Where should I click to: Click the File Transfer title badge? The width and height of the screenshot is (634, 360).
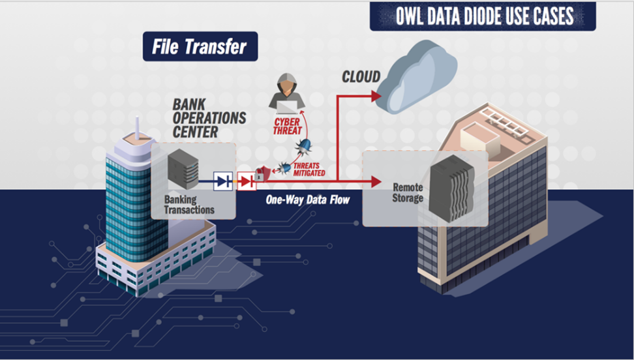point(200,47)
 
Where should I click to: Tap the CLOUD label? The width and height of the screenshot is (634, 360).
point(361,78)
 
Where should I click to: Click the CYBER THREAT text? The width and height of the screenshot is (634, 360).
point(288,127)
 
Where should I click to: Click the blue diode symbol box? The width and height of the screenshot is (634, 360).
point(223,181)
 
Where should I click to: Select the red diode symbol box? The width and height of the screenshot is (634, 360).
point(246,181)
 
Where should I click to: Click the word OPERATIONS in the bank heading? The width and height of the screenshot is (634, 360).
point(209,118)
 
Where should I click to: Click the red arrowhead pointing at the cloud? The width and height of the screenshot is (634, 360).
point(374,96)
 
